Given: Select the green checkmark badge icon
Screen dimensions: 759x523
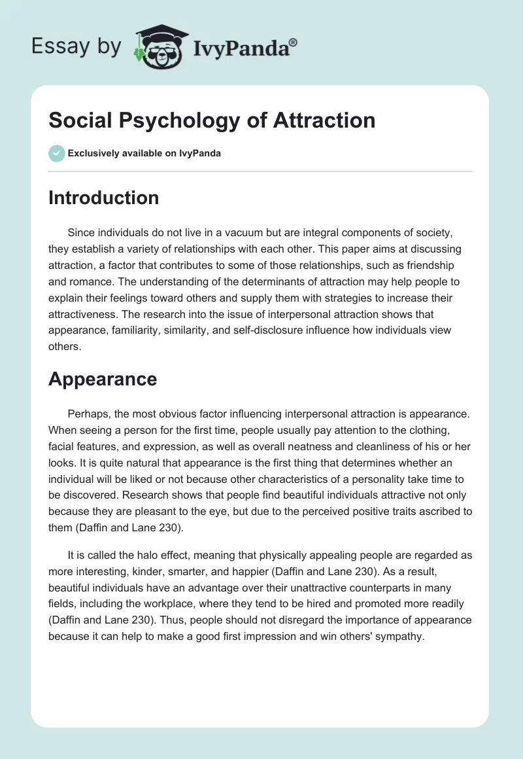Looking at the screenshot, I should (56, 154).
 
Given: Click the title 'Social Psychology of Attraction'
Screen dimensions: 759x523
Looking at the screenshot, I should (212, 120).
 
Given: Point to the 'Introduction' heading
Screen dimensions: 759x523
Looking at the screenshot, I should (103, 198).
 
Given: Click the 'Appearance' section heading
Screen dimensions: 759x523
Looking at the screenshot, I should (103, 379).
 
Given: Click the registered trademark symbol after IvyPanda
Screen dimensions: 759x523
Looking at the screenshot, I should (294, 42).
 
